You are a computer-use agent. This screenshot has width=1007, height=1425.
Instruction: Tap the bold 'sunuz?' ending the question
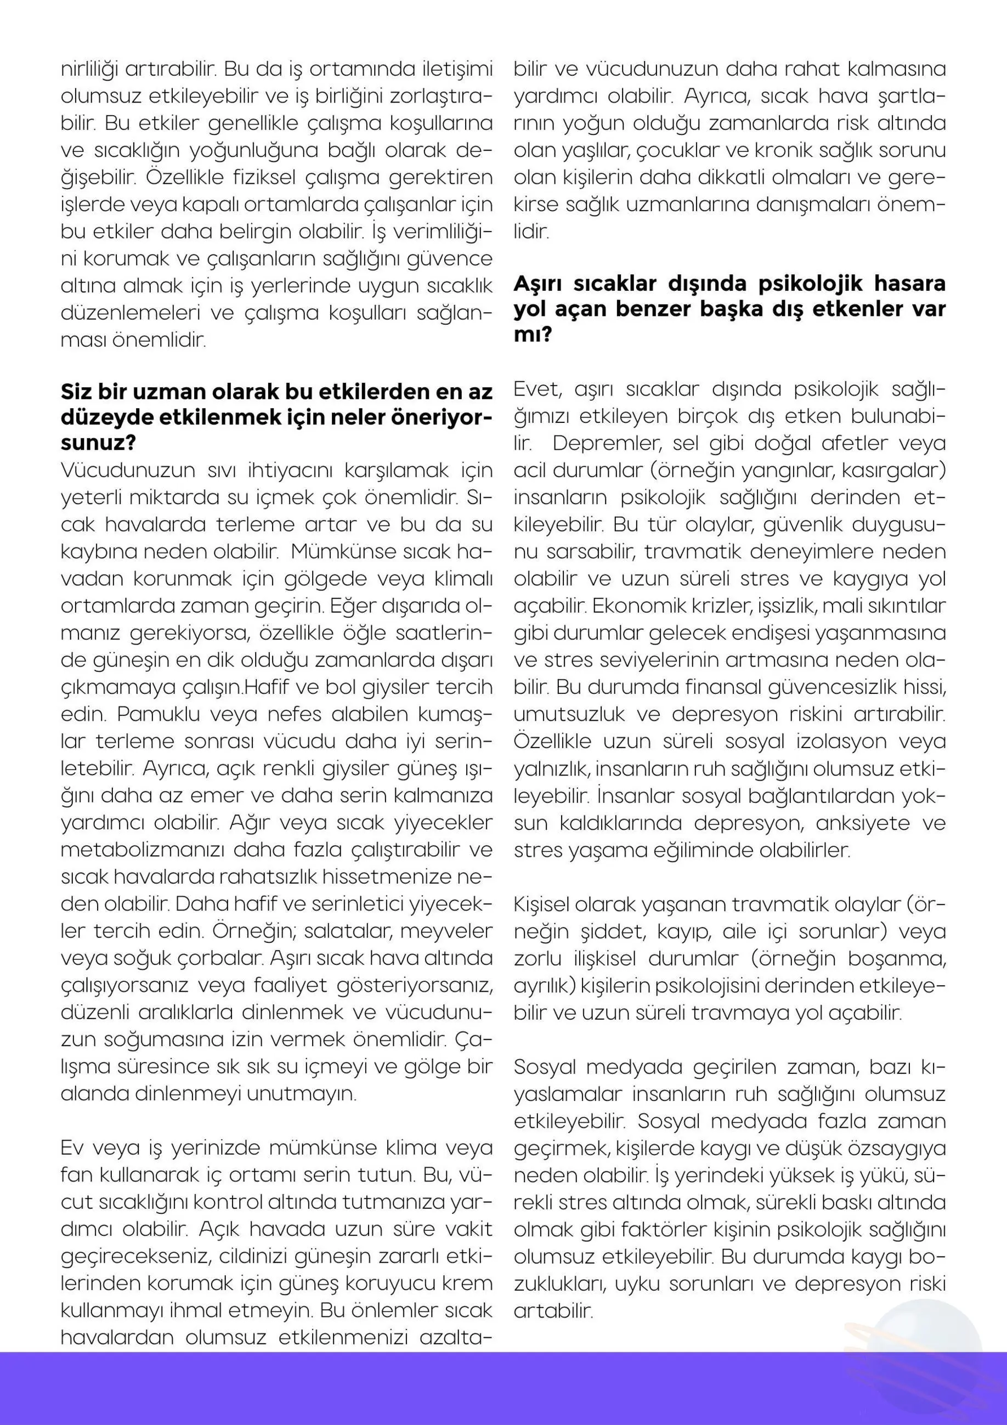[x=99, y=444]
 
